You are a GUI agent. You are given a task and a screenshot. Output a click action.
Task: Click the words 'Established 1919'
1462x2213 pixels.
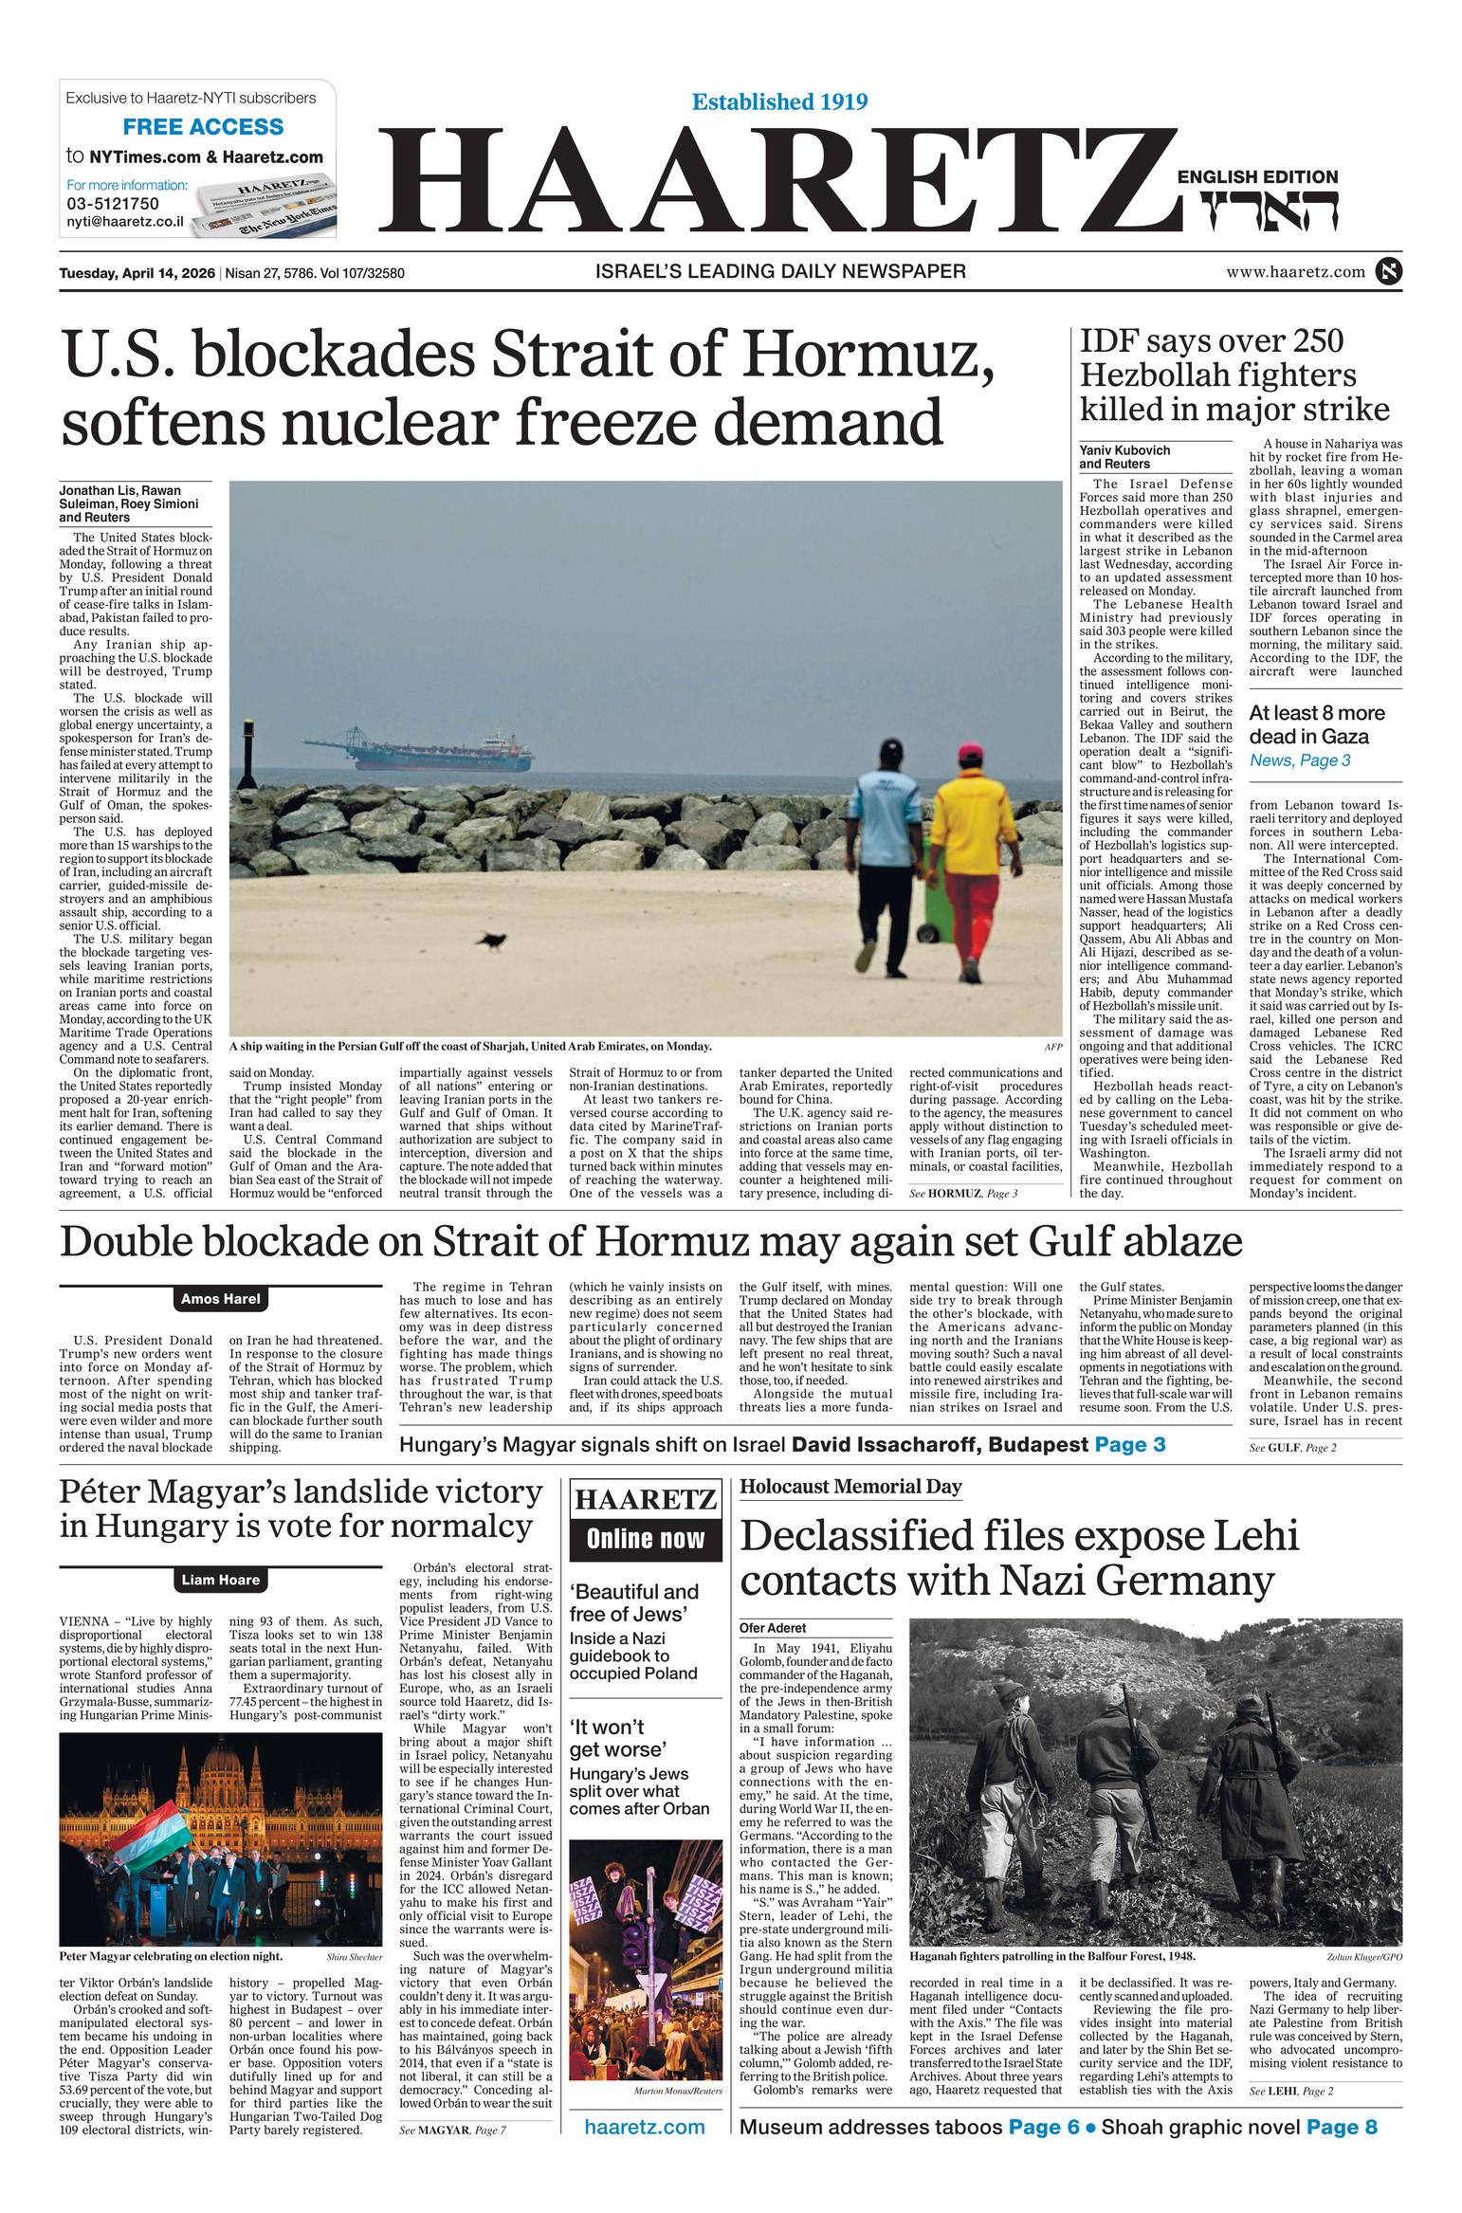point(779,101)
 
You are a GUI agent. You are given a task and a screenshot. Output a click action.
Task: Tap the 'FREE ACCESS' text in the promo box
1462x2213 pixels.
point(203,127)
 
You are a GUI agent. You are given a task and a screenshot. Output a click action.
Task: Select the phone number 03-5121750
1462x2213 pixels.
point(112,203)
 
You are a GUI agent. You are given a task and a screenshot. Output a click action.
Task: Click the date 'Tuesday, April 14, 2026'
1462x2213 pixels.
point(137,274)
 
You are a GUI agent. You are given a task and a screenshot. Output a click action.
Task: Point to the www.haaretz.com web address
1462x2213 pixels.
point(1295,272)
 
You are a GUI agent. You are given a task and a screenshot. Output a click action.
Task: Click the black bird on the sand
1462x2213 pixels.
point(492,940)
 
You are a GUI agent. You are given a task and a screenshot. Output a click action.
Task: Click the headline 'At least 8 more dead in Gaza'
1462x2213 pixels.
point(1316,724)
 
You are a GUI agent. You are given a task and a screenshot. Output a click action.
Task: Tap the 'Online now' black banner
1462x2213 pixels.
point(646,1539)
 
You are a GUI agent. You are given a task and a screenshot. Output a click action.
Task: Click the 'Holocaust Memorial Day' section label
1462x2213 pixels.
point(850,1487)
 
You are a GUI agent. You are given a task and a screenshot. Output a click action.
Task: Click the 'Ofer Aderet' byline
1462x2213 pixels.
point(773,1628)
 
